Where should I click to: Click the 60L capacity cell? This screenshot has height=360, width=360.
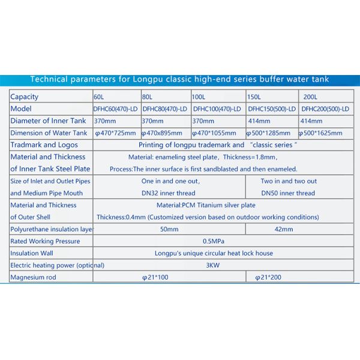[99, 97]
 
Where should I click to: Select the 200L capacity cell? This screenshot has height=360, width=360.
[311, 97]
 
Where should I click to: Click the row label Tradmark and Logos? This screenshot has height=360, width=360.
[44, 145]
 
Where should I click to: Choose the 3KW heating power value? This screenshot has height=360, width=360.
[209, 265]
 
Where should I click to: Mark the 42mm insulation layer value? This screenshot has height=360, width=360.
[283, 229]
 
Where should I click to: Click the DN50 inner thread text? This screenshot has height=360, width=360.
[288, 193]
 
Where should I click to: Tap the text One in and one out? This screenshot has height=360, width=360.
[170, 181]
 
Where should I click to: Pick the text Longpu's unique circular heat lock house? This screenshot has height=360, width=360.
[209, 253]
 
